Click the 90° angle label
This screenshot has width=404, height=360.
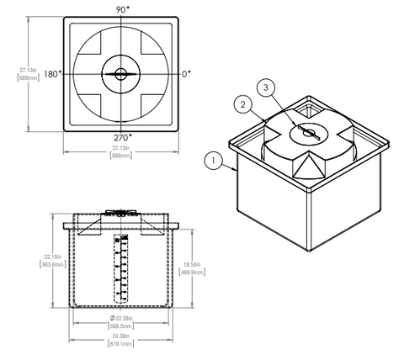click(121, 9)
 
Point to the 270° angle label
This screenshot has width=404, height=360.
click(121, 136)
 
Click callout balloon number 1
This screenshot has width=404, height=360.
click(214, 157)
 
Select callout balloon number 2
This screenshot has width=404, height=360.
click(242, 104)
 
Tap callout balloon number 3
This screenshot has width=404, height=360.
click(267, 87)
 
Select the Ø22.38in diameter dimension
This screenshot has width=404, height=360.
click(123, 319)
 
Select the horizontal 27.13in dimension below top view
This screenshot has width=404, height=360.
click(123, 148)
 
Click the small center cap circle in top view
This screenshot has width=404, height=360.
click(121, 74)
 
